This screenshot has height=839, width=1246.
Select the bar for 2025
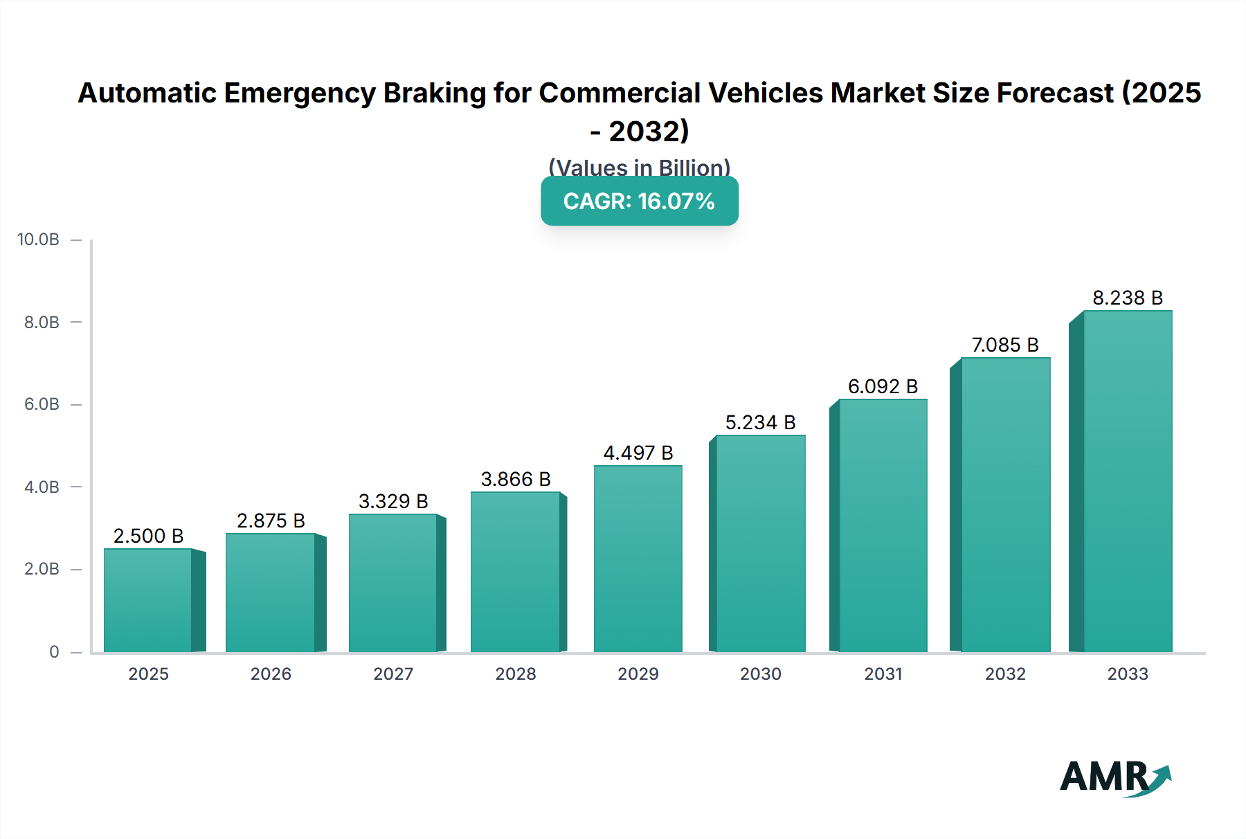[x=148, y=600]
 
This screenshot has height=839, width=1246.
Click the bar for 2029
[x=638, y=559]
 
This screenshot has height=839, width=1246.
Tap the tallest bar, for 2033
[x=1128, y=481]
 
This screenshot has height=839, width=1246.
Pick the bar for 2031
[x=883, y=525]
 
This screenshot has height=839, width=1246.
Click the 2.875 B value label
[x=271, y=521]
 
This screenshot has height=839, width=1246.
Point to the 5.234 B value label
[x=760, y=422]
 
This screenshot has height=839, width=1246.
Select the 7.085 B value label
[x=1005, y=345]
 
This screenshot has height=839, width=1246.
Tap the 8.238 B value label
[x=1128, y=298]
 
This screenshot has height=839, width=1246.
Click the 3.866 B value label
[x=516, y=479]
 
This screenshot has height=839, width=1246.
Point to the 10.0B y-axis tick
[x=38, y=240]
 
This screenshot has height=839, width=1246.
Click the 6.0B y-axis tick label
[x=42, y=404]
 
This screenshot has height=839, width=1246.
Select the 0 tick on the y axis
[x=54, y=652]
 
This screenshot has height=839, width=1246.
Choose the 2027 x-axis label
[x=393, y=674]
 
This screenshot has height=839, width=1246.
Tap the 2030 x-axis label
[x=760, y=674]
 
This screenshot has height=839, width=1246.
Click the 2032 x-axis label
[x=1005, y=674]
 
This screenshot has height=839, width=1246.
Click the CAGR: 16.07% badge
[x=639, y=201]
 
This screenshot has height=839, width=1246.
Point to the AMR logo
[x=1115, y=777]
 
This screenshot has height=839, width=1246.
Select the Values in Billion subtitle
[x=639, y=168]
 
